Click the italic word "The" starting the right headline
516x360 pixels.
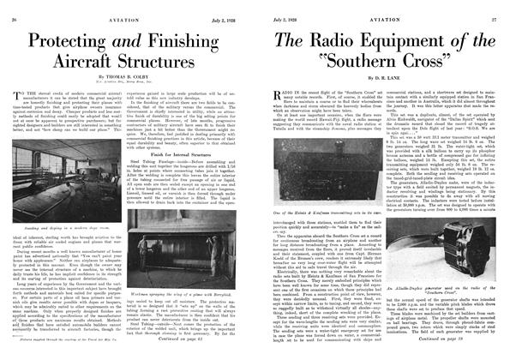coord(290,40)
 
